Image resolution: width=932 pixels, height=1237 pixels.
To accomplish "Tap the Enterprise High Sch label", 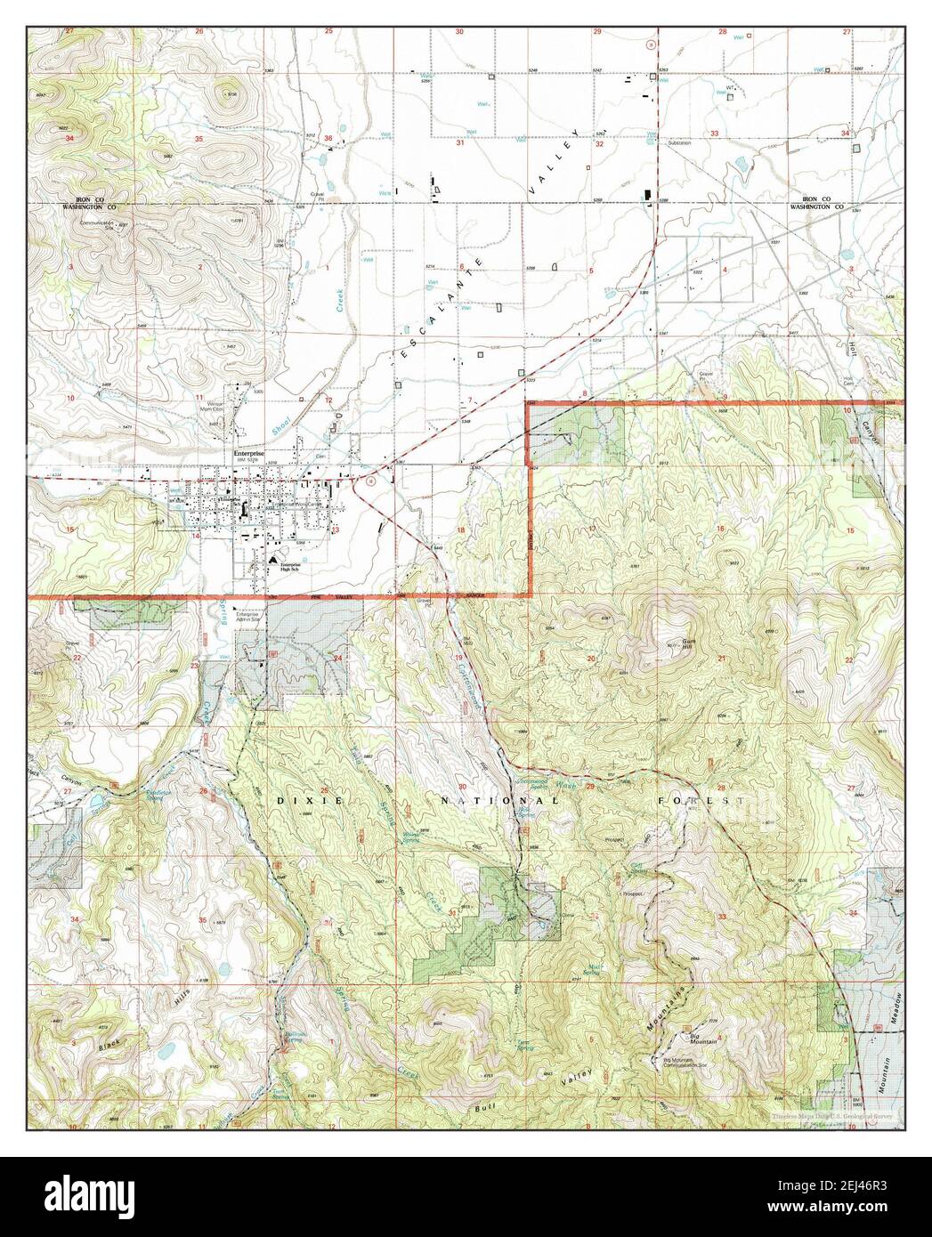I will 287,568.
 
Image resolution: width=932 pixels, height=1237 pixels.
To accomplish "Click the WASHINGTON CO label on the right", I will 817,206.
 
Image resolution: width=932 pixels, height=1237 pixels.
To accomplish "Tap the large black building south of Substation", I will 647,194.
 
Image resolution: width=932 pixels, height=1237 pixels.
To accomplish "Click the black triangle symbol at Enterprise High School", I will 273,557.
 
